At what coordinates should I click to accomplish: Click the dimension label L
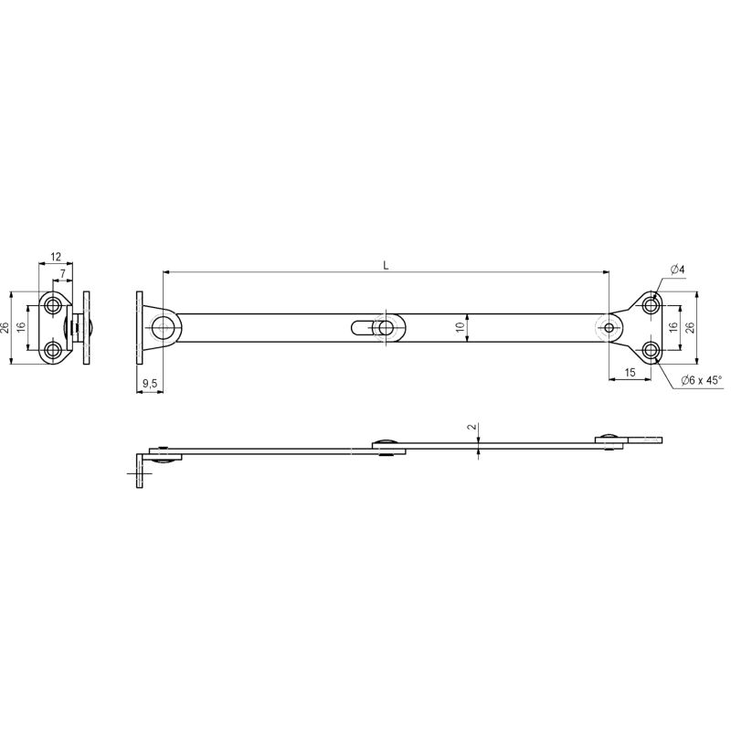click(386, 265)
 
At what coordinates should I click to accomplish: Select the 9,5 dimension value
click(150, 383)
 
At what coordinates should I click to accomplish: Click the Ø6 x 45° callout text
click(701, 380)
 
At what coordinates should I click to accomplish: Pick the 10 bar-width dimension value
click(461, 327)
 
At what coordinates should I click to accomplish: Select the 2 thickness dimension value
click(472, 427)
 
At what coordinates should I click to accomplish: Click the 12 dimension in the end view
click(56, 257)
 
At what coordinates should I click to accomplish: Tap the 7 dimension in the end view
click(63, 273)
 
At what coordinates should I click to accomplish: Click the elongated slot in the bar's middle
click(362, 328)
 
